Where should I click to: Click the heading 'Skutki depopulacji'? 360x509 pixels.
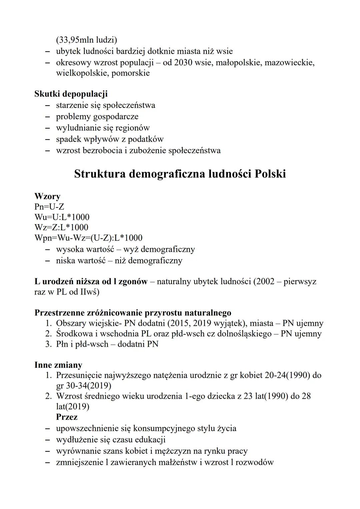pos(71,94)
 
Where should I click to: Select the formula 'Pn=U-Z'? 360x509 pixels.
pos(49,207)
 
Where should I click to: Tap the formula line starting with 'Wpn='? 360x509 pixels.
pos(88,238)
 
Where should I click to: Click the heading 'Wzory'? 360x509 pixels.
pos(47,196)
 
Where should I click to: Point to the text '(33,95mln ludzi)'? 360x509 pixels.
pos(86,40)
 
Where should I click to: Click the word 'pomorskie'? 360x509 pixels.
pos(131,73)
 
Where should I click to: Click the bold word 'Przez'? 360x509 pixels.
pos(67,417)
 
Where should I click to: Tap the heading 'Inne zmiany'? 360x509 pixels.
pos(58,365)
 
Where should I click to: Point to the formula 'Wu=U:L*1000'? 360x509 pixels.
pos(62,217)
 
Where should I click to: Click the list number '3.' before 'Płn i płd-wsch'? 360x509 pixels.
pos(49,344)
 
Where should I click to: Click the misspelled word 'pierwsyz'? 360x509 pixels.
pos(300,282)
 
